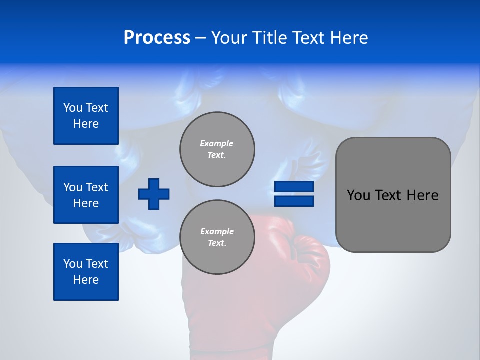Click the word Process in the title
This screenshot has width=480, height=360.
pos(157,38)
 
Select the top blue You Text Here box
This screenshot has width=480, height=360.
pos(86,116)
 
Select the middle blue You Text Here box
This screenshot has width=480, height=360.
pos(86,195)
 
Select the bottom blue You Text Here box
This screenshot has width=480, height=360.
pos(86,272)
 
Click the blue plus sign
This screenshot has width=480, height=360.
pos(154,194)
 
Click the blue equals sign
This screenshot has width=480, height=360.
pos(294,194)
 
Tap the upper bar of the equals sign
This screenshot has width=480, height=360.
pos(294,187)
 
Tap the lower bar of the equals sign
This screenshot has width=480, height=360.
pos(294,201)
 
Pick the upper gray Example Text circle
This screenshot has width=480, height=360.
pos(217,149)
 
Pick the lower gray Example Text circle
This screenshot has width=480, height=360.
pos(217,237)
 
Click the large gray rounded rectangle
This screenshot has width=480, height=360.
pos(393,220)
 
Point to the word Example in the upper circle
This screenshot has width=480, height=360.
pos(217,143)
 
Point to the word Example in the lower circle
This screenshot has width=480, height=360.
pos(217,231)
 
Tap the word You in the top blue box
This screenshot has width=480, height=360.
pos(72,108)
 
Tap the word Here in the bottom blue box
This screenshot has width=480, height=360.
pos(86,280)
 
